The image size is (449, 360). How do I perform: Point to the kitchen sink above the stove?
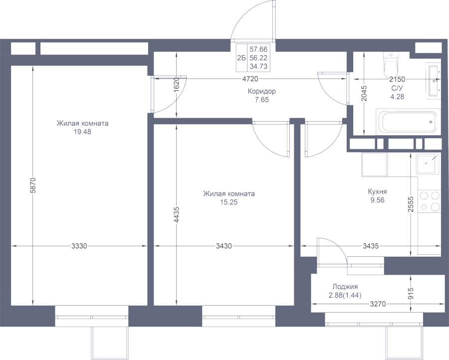tap(428, 164)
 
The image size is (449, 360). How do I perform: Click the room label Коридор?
tap(261, 92)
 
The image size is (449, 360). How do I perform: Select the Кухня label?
tap(377, 191)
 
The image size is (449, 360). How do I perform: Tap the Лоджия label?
tap(344, 287)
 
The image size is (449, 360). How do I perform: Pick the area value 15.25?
tap(228, 202)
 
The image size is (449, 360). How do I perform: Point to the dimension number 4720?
tap(249, 79)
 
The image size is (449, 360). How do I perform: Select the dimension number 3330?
tap(79, 246)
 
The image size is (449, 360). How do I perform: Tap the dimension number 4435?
tap(177, 215)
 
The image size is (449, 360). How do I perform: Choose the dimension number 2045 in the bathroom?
tap(365, 93)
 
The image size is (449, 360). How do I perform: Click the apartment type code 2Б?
tap(241, 58)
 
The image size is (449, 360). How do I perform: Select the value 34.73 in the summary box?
tap(258, 66)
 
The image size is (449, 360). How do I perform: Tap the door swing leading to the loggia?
tap(330, 248)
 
